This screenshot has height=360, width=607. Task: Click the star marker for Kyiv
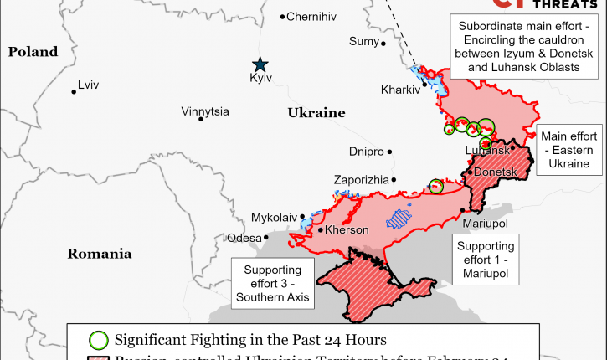coord(261,64)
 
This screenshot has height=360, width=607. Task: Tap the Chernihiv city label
coord(311,16)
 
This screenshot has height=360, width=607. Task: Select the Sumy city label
coord(363,42)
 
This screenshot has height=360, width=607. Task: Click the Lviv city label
coord(88,85)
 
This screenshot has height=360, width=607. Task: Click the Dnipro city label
coord(366,152)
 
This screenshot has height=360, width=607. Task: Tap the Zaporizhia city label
coord(361,180)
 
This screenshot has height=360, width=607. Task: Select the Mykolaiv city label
coord(274,218)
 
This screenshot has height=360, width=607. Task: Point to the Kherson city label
coord(347,230)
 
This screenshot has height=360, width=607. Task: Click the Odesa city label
coord(244,238)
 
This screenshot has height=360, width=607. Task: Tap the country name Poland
coord(33,52)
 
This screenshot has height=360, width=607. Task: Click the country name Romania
coord(100,253)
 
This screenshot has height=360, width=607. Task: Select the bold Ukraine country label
coord(316,112)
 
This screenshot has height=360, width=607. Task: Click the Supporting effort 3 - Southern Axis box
coord(272,283)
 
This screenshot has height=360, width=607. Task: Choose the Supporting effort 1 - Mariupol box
coord(486,260)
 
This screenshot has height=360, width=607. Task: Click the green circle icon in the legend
coord(99,340)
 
